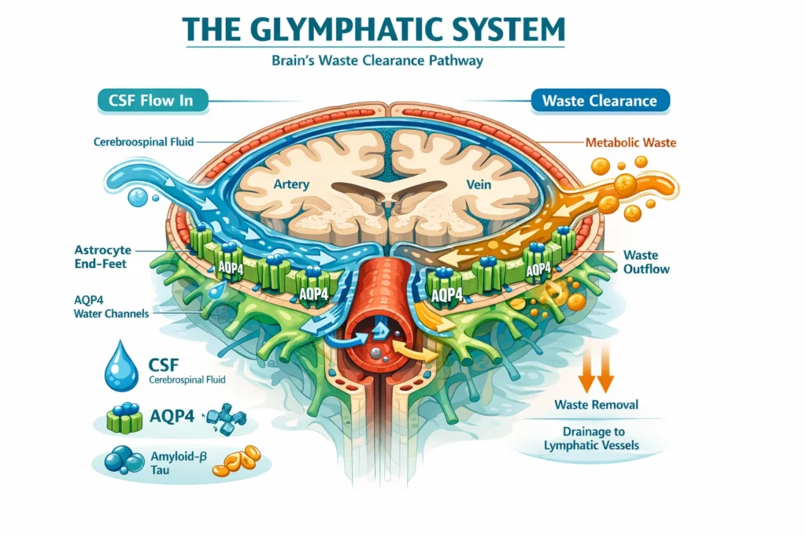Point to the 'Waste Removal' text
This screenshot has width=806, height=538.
click(597, 405)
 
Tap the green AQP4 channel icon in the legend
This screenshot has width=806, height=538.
click(123, 418)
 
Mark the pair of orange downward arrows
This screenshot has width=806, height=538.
click(596, 372)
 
